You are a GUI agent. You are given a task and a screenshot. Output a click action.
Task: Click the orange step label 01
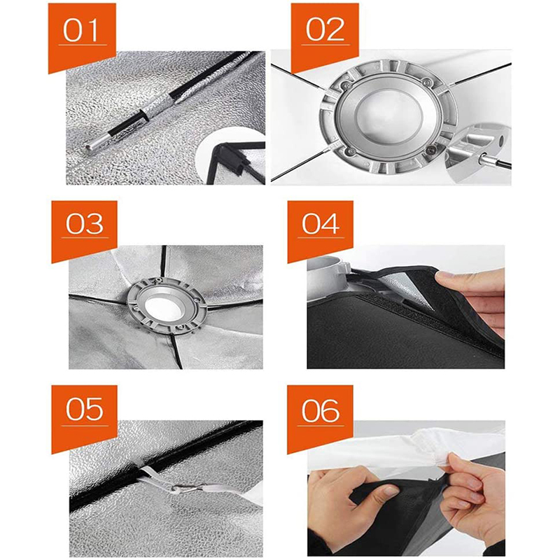[82, 34]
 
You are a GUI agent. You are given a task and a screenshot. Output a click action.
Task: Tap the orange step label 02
[325, 34]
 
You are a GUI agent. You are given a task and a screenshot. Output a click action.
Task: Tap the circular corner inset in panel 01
[232, 157]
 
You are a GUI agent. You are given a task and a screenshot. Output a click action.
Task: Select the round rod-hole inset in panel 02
[479, 153]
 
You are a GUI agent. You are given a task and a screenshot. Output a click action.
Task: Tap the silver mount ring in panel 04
[327, 279]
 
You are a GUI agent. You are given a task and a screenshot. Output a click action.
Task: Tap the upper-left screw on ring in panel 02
[346, 85]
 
